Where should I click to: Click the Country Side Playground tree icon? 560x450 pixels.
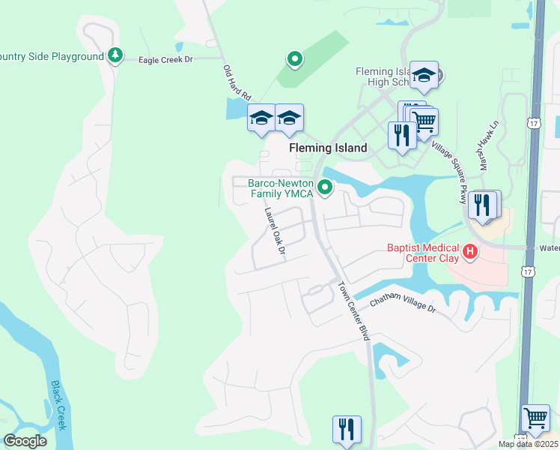[x=115, y=55]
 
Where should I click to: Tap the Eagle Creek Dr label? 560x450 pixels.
[x=165, y=58]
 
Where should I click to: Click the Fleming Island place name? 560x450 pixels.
[x=328, y=148]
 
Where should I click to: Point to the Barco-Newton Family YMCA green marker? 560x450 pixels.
[x=325, y=187]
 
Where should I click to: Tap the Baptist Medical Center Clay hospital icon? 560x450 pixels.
[x=470, y=251]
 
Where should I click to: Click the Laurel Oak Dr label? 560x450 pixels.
[x=275, y=230]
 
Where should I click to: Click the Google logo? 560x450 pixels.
[x=25, y=441]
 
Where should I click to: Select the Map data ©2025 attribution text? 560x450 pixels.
[x=528, y=444]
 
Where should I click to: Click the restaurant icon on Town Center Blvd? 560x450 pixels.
[x=347, y=428]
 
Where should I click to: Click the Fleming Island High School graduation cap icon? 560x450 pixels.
[x=424, y=73]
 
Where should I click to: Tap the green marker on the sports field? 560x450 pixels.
[x=295, y=58]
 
